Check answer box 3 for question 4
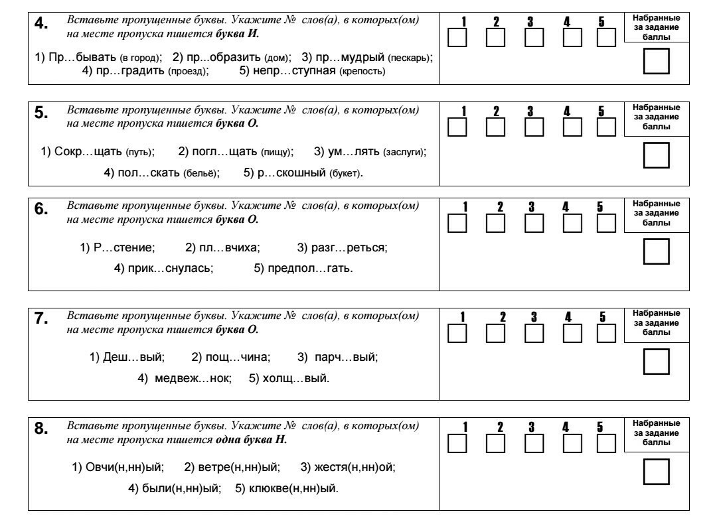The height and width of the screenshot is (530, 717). pyautogui.click(x=534, y=37)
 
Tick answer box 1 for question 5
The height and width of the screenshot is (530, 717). pyautogui.click(x=457, y=127)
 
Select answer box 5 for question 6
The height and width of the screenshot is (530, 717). pyautogui.click(x=606, y=223)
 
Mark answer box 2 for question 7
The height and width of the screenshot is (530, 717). pyautogui.click(x=495, y=333)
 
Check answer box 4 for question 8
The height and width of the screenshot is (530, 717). pyautogui.click(x=572, y=443)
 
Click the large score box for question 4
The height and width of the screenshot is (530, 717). pyautogui.click(x=656, y=61)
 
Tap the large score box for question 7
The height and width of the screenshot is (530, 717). pyautogui.click(x=656, y=362)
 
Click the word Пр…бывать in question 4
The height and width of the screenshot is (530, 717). pyautogui.click(x=82, y=57)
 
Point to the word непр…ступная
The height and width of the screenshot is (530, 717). pyautogui.click(x=294, y=71)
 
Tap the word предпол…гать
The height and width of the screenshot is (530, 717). pyautogui.click(x=310, y=268)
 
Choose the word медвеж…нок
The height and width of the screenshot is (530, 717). pyautogui.click(x=193, y=378)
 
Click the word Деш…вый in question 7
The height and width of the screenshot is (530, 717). pyautogui.click(x=133, y=357)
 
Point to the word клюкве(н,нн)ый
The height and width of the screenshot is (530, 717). pyautogui.click(x=293, y=488)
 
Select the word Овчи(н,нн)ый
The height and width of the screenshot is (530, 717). pyautogui.click(x=124, y=468)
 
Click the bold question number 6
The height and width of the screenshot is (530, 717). pyautogui.click(x=41, y=209)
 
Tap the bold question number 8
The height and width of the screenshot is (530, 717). pyautogui.click(x=41, y=429)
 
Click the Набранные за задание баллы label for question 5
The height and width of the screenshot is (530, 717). pyautogui.click(x=656, y=117)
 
